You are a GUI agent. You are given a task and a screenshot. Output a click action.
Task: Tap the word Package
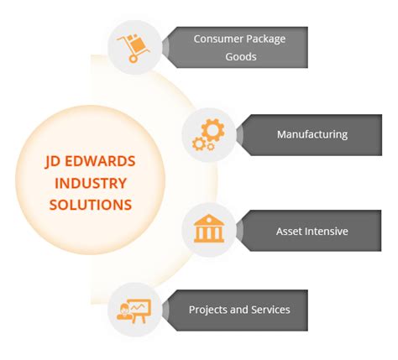pyautogui.click(x=264, y=38)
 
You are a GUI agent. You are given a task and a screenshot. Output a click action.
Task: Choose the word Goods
pyautogui.click(x=240, y=56)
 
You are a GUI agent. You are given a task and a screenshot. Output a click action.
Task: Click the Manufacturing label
pyautogui.click(x=312, y=134)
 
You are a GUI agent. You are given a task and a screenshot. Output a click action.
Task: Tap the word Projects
pyautogui.click(x=210, y=310)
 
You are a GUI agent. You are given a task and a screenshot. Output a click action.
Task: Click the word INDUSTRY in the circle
pyautogui.click(x=90, y=183)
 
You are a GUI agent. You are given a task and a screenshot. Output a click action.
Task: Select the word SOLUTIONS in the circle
pyautogui.click(x=90, y=203)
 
